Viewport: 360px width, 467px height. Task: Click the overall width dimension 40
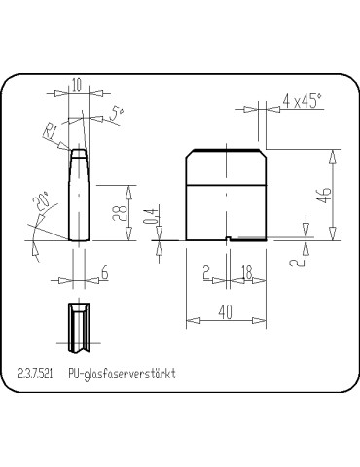225,310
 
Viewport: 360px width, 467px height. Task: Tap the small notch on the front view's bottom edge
227,239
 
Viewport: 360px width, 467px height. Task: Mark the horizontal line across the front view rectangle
225,184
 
